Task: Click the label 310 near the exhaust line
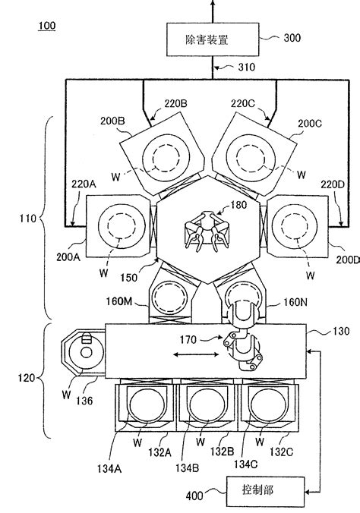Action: (245, 68)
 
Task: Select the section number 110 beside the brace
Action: (26, 219)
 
